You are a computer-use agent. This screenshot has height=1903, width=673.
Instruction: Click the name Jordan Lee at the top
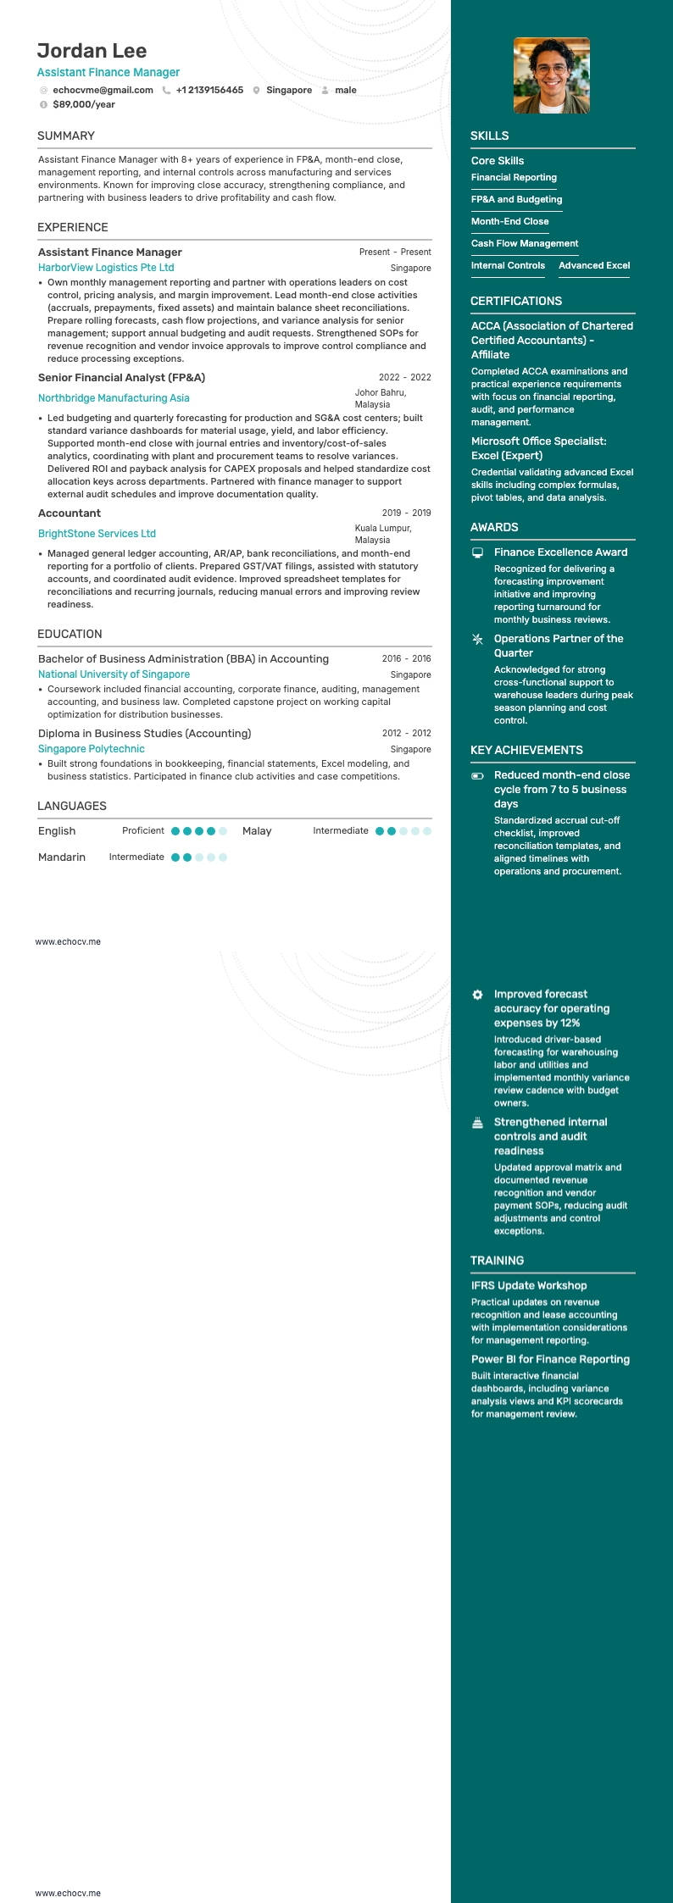[x=92, y=51]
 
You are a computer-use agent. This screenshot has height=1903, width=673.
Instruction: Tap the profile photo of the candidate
[x=551, y=75]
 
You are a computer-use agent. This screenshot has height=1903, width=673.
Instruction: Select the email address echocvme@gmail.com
[x=103, y=90]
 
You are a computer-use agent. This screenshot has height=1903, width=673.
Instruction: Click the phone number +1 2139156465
[x=209, y=90]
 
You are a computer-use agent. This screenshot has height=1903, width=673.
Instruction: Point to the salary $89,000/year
[x=84, y=104]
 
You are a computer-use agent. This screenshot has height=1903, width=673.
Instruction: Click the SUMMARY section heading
[x=66, y=136]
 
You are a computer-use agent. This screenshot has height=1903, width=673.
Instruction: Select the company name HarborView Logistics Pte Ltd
[x=106, y=268]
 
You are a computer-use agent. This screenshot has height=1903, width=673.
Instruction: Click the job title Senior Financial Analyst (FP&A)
[x=121, y=378]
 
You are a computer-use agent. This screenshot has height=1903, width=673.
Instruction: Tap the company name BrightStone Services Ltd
[x=97, y=534]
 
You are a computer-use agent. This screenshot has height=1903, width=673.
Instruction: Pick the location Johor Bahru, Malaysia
[x=381, y=398]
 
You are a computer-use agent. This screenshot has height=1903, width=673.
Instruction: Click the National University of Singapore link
[x=114, y=674]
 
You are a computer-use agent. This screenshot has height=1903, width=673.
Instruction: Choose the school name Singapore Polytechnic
[x=92, y=749]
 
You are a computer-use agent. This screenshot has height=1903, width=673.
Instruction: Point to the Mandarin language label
[x=62, y=857]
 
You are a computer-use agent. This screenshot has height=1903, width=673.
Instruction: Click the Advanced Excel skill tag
[x=594, y=265]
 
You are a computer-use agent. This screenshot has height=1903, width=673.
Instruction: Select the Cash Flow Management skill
[x=525, y=243]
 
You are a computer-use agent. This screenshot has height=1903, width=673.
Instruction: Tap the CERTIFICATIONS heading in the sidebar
[x=516, y=301]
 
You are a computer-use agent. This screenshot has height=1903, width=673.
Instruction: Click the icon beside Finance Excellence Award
[x=477, y=552]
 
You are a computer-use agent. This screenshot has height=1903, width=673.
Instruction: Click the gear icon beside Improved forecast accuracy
[x=477, y=995]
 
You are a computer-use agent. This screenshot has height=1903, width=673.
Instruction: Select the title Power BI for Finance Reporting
[x=550, y=1359]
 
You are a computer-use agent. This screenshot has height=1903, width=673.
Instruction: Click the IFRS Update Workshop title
[x=529, y=1285]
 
